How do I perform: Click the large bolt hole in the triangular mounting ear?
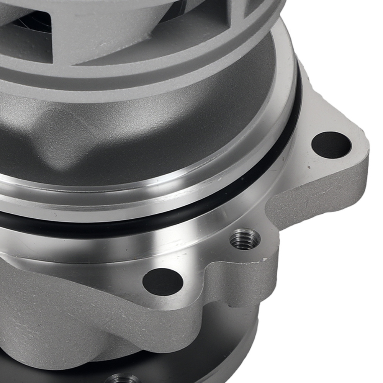(331, 145)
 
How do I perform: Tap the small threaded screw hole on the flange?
(244, 239)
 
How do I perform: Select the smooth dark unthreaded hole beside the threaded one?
(162, 282)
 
